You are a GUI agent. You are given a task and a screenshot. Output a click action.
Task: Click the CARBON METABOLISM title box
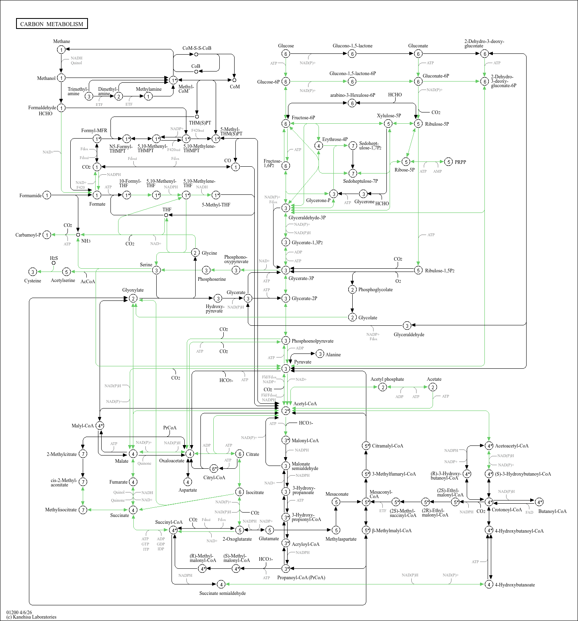point(52,24)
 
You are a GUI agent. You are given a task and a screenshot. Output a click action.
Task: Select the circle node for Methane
point(61,49)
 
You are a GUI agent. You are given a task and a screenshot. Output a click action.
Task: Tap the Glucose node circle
point(286,54)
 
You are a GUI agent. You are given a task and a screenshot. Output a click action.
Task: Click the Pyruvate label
point(302,362)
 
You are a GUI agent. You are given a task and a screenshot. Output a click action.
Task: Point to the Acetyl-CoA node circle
point(286,411)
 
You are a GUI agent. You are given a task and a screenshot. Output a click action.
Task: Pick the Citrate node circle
point(239,454)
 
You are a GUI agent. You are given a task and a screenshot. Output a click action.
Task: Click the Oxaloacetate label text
point(172,461)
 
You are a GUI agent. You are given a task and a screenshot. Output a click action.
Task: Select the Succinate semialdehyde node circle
point(221,584)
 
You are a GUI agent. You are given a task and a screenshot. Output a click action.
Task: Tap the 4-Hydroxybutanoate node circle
point(489,584)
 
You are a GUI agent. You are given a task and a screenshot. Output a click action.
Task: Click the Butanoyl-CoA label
point(552,511)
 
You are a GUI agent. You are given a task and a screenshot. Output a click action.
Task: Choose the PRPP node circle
point(449,162)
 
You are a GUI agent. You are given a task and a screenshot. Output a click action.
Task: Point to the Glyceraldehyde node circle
point(407,325)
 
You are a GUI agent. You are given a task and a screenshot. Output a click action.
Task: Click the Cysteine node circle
point(33,272)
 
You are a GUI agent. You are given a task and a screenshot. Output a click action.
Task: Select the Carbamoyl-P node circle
point(47,235)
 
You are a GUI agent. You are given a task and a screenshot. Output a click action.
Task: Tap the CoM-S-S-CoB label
point(197,48)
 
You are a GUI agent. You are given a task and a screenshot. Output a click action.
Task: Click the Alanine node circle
point(320,354)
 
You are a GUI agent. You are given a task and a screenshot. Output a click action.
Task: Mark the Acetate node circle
point(433,387)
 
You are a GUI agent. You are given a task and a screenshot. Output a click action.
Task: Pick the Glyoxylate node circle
point(133,298)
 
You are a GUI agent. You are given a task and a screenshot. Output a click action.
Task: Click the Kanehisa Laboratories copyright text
point(31,617)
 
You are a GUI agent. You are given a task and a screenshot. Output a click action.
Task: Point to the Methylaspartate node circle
point(336,530)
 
